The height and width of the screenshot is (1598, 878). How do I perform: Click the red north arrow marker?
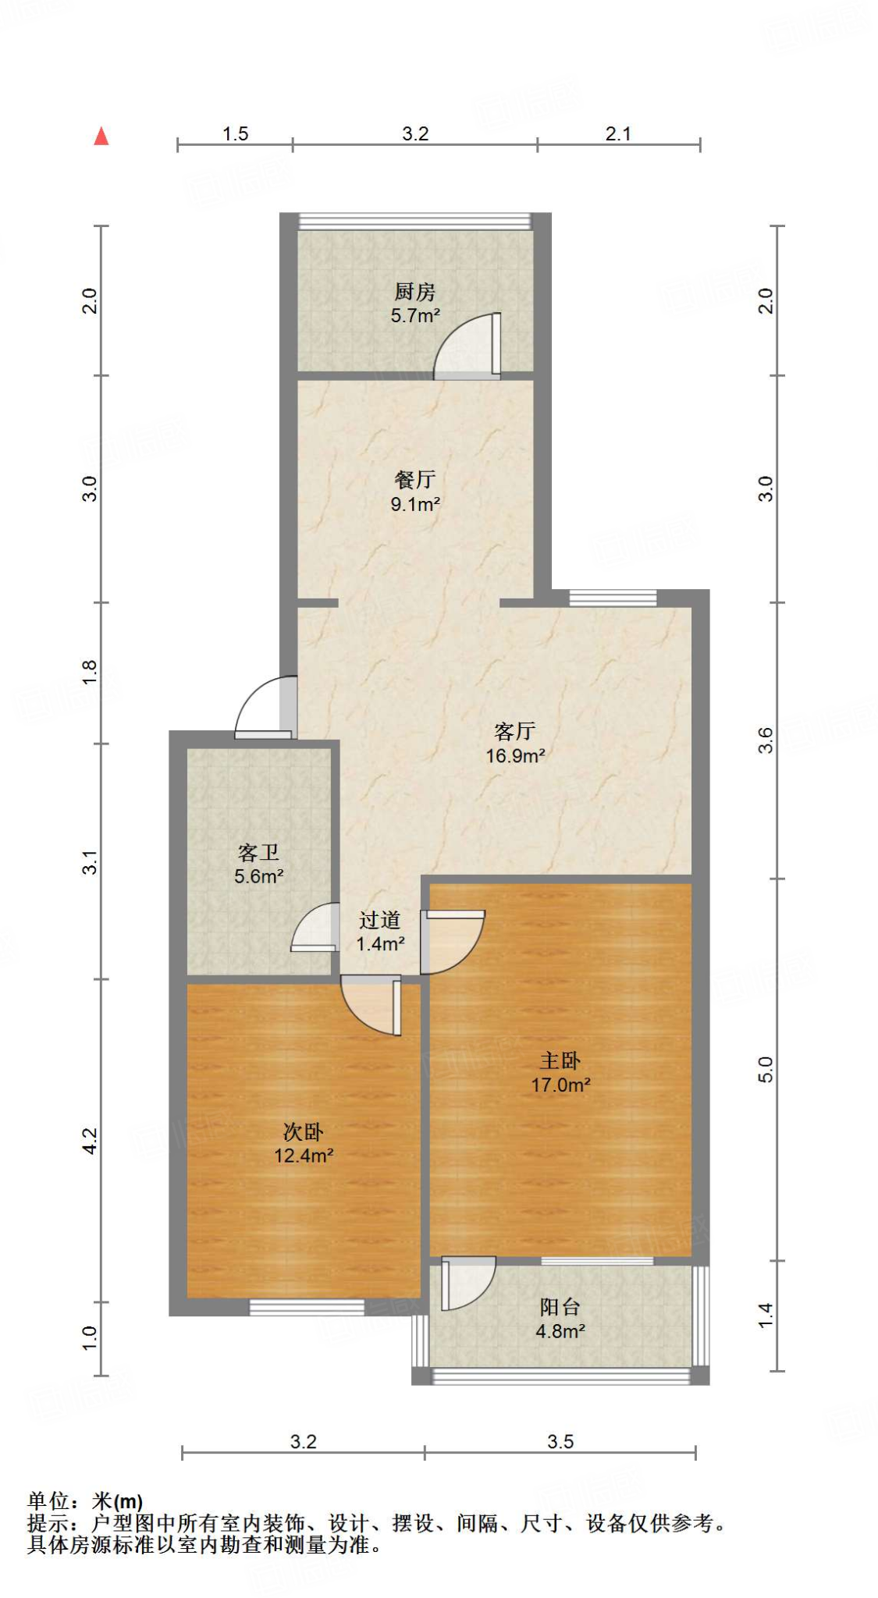[x=101, y=137]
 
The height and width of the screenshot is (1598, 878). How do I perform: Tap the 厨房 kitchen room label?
[x=414, y=292]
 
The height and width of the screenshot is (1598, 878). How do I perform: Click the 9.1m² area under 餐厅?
[x=415, y=504]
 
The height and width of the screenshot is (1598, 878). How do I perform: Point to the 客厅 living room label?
[x=514, y=731]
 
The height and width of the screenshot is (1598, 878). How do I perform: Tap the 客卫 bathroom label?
[x=258, y=852]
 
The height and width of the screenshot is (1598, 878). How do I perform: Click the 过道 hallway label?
[x=380, y=921]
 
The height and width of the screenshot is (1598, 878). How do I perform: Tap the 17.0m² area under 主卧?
[x=560, y=1085]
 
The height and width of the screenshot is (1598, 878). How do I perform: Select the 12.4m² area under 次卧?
[x=304, y=1156]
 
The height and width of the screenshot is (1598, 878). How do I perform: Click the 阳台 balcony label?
[x=560, y=1307]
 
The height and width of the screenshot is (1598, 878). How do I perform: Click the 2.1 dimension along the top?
[x=617, y=133]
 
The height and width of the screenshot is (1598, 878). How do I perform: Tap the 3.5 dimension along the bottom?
[x=560, y=1441]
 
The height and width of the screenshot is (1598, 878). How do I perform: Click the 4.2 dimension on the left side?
[x=91, y=1140]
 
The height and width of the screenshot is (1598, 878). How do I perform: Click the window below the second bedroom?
[x=307, y=1307]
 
